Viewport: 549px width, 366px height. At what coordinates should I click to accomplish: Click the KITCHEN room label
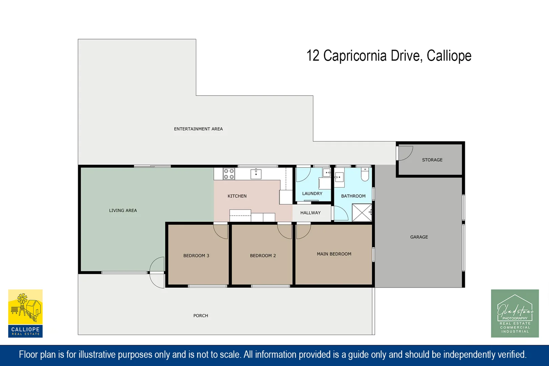point(237,196)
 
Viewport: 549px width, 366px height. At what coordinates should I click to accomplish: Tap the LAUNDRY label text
point(312,194)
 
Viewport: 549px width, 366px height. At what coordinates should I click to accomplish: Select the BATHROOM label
point(353,196)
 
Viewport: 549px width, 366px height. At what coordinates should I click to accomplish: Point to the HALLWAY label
point(310,213)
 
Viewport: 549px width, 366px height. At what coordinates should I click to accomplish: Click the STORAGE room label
point(432,160)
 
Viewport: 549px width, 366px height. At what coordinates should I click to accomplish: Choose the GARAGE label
point(419,237)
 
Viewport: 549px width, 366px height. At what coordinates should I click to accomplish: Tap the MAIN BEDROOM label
point(334,254)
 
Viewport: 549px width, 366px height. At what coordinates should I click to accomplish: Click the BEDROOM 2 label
point(263,256)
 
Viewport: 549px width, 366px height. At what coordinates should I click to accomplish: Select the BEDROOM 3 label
point(196,256)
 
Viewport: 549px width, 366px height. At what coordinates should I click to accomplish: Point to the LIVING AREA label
point(123,210)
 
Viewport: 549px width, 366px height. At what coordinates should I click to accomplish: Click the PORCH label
point(201,316)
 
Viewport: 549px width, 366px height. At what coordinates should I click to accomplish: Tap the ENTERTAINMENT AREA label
point(198,129)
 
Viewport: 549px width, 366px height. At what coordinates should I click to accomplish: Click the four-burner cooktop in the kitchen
point(229,174)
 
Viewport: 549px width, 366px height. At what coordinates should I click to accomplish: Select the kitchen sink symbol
point(256,174)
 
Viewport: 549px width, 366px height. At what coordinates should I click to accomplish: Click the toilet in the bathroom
point(365,174)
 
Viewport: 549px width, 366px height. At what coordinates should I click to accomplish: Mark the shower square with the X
point(362,212)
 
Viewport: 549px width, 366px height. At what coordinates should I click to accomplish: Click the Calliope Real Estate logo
point(25,313)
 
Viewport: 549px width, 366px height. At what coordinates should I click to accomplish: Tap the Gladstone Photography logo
point(515,313)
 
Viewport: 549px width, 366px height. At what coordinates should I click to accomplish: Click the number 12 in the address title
point(313,56)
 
